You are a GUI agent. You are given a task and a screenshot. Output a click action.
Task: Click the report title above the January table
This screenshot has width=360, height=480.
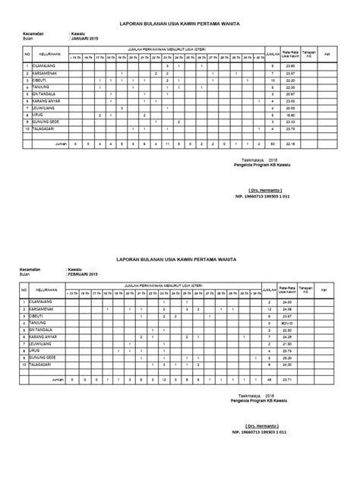pos(180,24)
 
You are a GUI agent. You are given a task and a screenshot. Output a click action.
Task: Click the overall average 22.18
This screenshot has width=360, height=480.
pos(287,142)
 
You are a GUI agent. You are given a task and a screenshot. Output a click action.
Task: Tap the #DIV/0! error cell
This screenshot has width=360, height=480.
pos(287,322)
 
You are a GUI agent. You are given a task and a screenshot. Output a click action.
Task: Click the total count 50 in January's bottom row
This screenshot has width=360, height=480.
pos(271,142)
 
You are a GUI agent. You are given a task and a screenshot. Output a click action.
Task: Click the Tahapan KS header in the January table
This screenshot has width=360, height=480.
pos(308,54)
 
